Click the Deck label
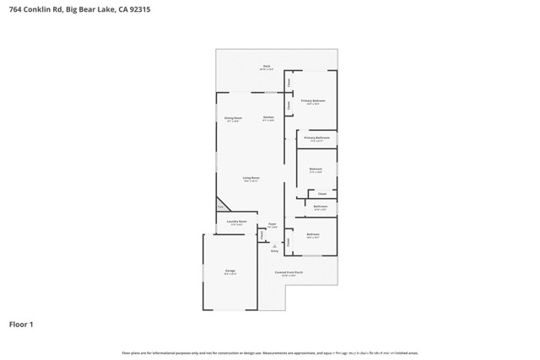tap(266, 66)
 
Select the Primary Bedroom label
tap(313, 100)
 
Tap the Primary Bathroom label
tap(317, 137)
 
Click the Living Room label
tap(251, 179)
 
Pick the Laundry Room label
tap(236, 223)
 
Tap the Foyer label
tap(272, 224)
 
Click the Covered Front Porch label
tap(289, 273)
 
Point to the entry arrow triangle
tap(274, 245)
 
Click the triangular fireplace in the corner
tap(222, 205)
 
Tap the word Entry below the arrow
tap(274, 251)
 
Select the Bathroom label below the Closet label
tap(321, 207)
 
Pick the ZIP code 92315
tap(140, 10)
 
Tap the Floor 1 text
tap(22, 324)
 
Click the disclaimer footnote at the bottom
tap(270, 353)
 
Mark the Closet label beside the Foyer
tap(262, 234)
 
